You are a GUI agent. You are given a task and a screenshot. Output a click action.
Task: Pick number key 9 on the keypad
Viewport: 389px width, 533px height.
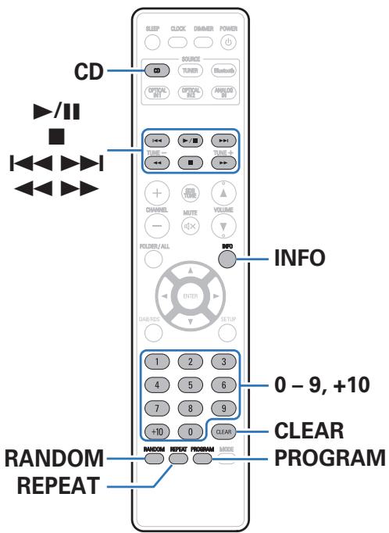[227, 407]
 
